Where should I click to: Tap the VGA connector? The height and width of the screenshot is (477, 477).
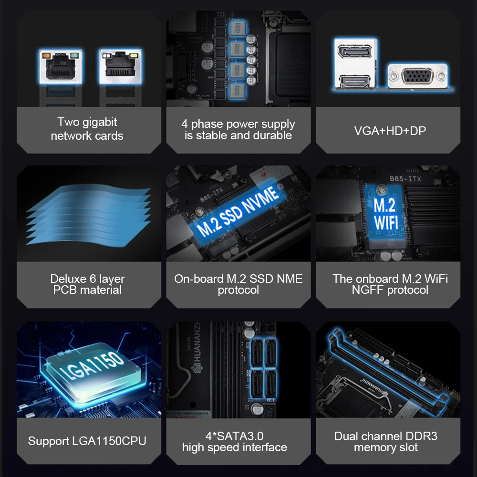pyautogui.click(x=417, y=76)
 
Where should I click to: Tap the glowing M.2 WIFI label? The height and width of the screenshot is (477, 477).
pyautogui.click(x=385, y=214)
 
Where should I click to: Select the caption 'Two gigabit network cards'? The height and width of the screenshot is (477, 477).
pyautogui.click(x=87, y=129)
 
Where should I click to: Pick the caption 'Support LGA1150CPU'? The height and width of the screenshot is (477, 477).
pyautogui.click(x=87, y=441)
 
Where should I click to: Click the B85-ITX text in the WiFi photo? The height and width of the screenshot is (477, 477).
pyautogui.click(x=405, y=178)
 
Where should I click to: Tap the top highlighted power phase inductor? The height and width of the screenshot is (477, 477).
pyautogui.click(x=237, y=29)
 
